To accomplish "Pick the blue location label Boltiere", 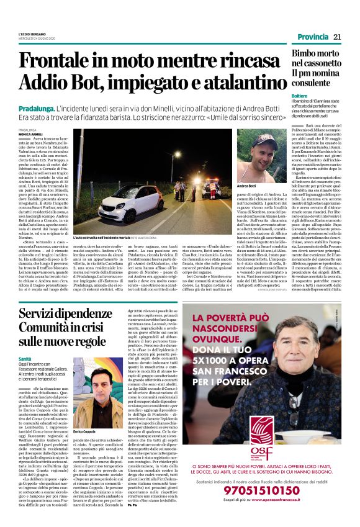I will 300,97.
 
